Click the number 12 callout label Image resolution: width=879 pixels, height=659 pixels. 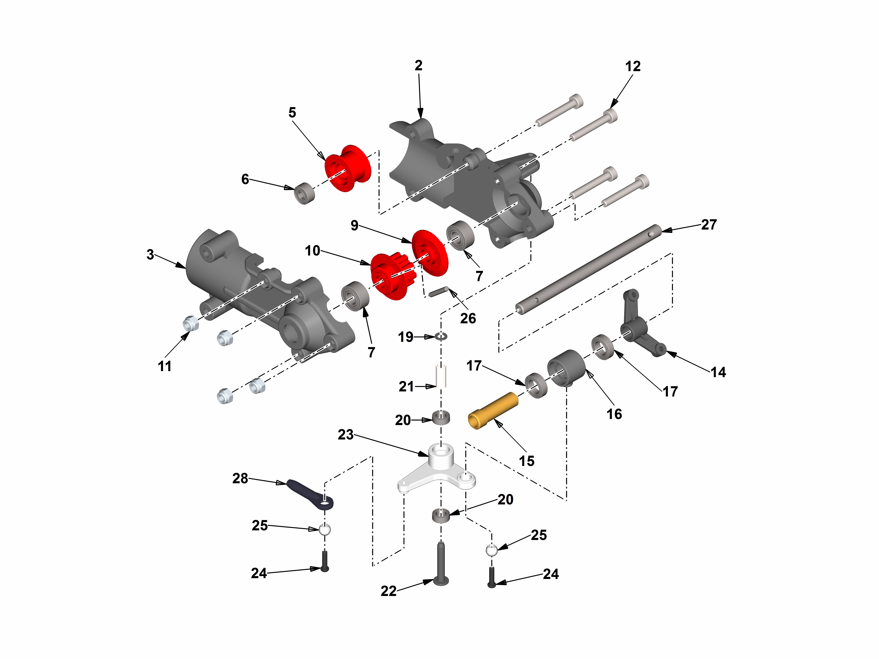pos(633,66)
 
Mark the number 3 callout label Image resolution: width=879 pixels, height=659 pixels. pos(150,254)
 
